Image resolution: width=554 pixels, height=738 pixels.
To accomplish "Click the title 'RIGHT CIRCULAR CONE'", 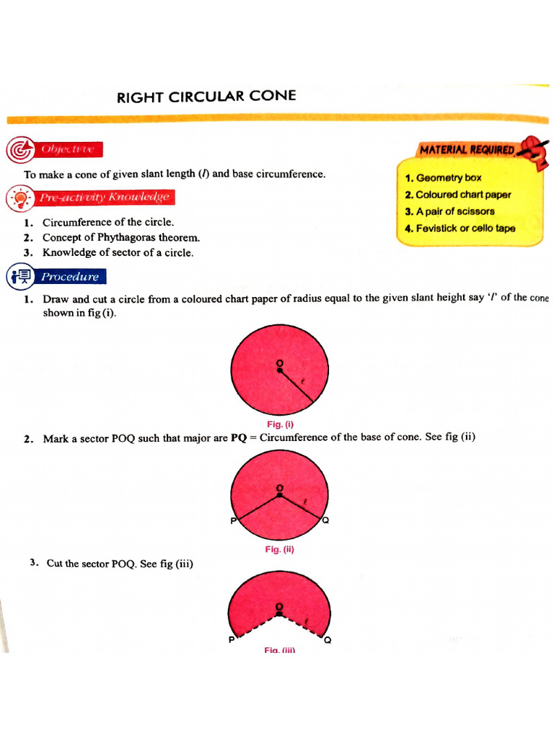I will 206,97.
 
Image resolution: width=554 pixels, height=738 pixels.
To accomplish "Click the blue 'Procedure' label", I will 69,276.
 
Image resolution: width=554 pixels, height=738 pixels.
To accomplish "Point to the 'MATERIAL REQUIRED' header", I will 467,150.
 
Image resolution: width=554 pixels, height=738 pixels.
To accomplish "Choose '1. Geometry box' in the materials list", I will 443,177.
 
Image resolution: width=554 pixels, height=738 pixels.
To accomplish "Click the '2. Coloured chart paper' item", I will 457,195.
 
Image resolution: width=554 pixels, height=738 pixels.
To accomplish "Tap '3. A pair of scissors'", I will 449,212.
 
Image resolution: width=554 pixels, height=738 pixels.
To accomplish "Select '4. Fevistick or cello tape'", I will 460,228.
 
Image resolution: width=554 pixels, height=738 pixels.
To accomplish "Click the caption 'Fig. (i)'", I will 280,424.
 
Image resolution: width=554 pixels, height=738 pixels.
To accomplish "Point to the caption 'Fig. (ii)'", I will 280,549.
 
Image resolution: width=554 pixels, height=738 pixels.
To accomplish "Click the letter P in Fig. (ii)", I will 233,521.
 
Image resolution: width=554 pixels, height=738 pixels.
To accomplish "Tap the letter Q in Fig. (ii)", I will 326,521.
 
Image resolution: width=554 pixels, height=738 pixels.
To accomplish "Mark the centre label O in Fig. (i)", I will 280,363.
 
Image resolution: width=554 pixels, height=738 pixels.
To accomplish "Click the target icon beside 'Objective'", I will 17,150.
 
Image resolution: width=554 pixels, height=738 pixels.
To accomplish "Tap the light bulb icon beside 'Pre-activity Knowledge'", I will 19,197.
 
